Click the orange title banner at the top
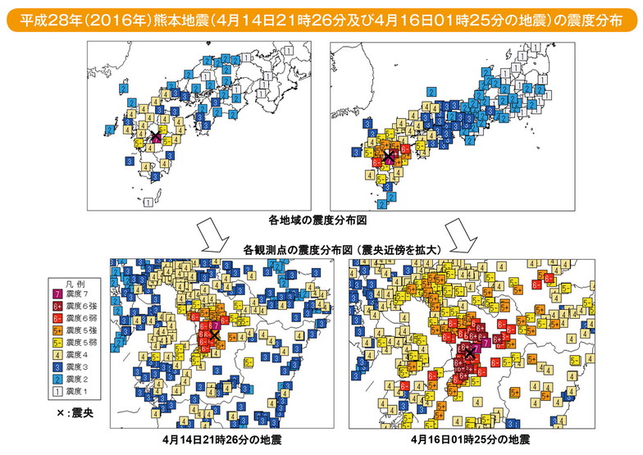(321, 18)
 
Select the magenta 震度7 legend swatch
(58, 294)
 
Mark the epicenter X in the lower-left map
(214, 334)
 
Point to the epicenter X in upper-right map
(389, 154)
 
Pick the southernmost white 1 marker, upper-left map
(147, 201)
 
